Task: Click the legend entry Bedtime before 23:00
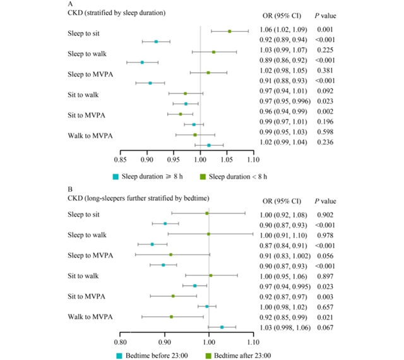point(151,356)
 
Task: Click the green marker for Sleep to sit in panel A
point(229,31)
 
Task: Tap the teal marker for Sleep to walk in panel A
point(142,63)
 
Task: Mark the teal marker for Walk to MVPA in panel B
point(222,327)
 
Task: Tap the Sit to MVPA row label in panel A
point(86,115)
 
